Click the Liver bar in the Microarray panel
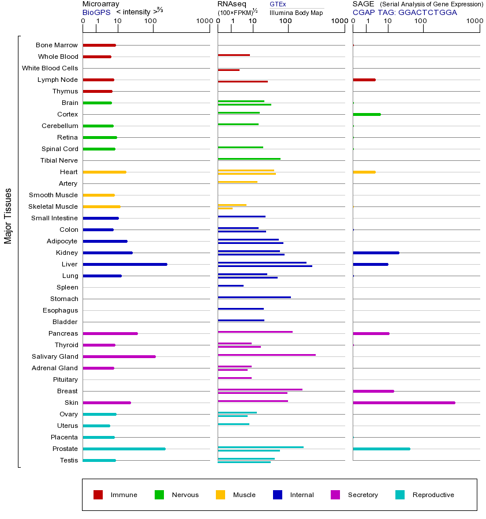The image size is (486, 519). click(125, 264)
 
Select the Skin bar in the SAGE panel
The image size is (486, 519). click(403, 403)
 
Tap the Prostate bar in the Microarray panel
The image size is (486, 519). click(124, 449)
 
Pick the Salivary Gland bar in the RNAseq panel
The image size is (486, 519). click(266, 355)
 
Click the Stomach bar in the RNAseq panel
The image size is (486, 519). click(254, 298)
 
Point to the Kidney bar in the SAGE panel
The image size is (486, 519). click(375, 253)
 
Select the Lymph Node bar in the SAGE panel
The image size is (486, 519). click(364, 80)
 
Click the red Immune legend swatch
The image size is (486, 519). click(98, 495)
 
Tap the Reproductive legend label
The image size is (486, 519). click(433, 495)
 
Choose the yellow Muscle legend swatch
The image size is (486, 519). click(220, 495)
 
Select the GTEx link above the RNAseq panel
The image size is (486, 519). click(278, 4)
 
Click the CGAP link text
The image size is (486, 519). click(363, 12)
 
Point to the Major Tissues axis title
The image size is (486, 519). click(8, 216)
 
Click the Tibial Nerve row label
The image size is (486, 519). click(59, 160)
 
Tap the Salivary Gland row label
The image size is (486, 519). click(55, 356)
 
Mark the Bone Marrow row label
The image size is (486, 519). click(57, 45)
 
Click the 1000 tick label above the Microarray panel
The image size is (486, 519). click(203, 21)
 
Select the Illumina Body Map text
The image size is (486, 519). click(296, 12)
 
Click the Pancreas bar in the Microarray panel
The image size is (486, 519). click(110, 333)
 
